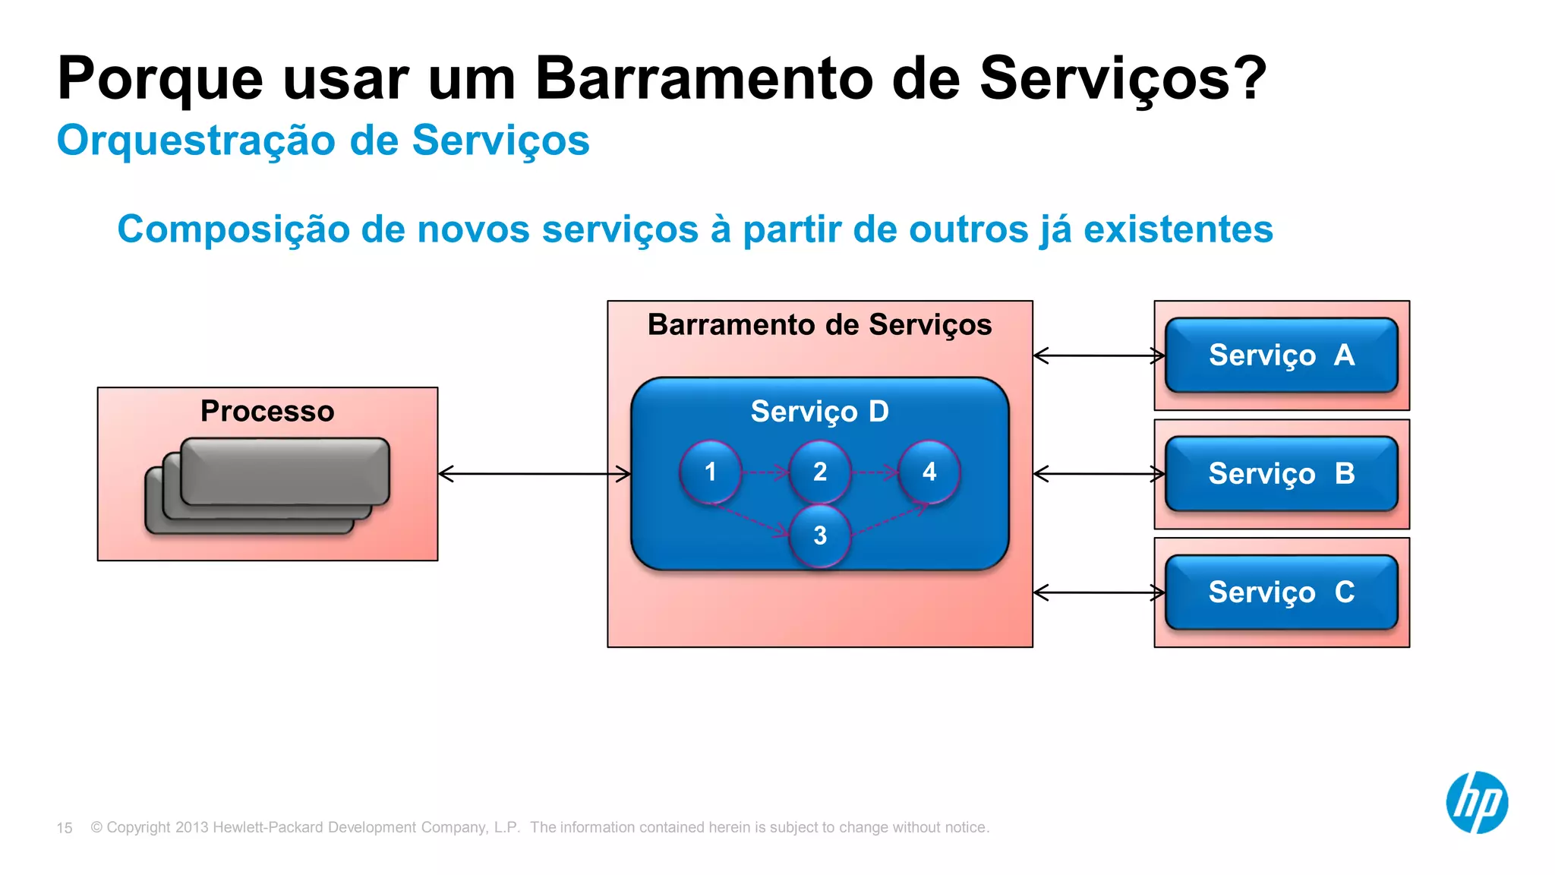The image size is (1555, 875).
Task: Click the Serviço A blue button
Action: (1281, 355)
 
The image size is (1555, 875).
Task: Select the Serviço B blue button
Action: (1281, 473)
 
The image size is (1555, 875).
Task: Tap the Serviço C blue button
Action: (1281, 592)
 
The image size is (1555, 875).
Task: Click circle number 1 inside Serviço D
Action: (710, 472)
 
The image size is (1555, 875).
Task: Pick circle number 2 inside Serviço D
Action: (820, 472)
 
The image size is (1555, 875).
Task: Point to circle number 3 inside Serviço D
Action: (820, 535)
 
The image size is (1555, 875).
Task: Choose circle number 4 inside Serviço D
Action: (929, 472)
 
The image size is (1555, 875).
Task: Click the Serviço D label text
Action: (819, 411)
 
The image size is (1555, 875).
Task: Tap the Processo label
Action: (267, 411)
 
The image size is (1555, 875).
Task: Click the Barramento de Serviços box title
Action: (819, 324)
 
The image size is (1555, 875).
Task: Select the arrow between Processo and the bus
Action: (535, 474)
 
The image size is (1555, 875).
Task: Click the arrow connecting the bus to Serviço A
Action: (1099, 355)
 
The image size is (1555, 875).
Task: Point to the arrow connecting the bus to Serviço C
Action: (1099, 592)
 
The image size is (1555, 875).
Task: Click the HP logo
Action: (1476, 802)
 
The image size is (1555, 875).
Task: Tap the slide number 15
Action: (65, 828)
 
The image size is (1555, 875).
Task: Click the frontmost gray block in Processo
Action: (285, 471)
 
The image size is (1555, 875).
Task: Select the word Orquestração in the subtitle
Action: (196, 141)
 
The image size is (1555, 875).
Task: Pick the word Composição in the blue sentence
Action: (232, 229)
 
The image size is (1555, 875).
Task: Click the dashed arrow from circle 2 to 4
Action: (875, 472)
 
